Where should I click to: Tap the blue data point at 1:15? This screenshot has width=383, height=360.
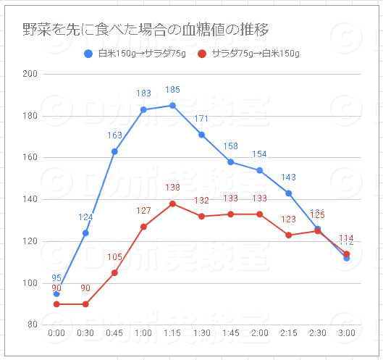pos(172,105)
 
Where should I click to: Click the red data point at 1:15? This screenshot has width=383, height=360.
pos(172,204)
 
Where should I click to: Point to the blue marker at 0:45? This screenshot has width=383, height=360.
pos(114,151)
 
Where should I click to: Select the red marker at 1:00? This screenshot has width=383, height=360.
pos(143,227)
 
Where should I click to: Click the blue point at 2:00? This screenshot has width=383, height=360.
pos(259,170)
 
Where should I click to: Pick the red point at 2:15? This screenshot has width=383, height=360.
pos(288,235)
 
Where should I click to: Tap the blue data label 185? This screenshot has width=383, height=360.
pos(172,90)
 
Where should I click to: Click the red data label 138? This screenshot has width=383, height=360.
pos(172,188)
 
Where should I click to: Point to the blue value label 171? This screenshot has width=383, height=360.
pos(201,119)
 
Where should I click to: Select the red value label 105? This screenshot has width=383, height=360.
pos(114,257)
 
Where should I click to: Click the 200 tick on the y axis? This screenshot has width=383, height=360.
pos(31,74)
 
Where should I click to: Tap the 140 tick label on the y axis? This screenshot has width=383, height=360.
pos(31,199)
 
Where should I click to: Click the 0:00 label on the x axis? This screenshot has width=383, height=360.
pos(56,332)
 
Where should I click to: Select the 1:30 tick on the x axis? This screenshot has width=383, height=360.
pos(201,332)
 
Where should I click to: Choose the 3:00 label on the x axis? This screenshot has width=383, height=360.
pos(346,332)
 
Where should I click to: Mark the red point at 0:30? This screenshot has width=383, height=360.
pos(85,304)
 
